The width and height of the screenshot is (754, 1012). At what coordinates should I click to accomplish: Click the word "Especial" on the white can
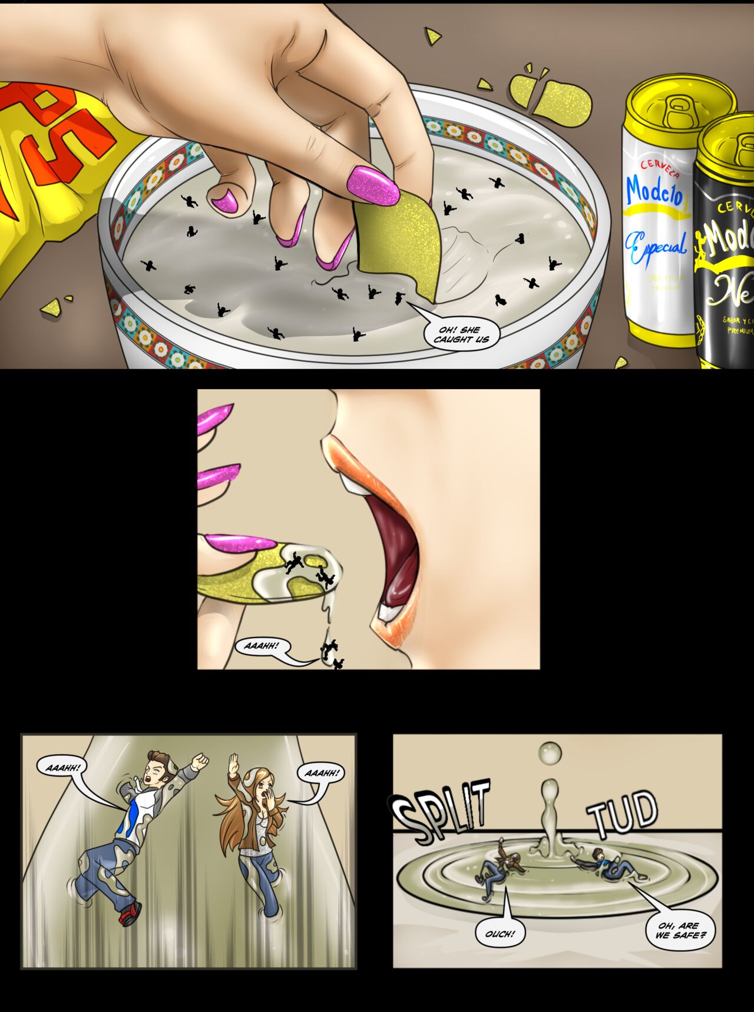click(656, 247)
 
